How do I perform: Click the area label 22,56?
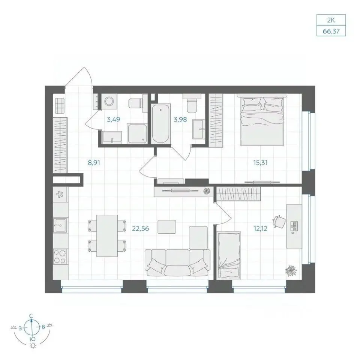pos(141,229)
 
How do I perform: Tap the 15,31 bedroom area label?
pos(260,163)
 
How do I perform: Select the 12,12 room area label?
pos(260,229)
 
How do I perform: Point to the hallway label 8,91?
pos(94,163)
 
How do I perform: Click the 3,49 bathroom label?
pos(113,119)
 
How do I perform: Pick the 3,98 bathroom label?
pos(180,119)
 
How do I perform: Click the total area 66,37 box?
pos(331,31)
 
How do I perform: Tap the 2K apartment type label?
pos(331,20)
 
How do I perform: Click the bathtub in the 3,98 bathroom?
pos(161,124)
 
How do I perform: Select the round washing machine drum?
pos(109,101)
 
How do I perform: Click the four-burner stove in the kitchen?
pos(60,256)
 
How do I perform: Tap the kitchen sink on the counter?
pos(60,225)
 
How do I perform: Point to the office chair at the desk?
pos(279,222)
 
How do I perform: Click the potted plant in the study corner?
pos(291,270)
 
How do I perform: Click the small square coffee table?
pos(167,226)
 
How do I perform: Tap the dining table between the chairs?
pos(107,235)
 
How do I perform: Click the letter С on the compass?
pos(31,316)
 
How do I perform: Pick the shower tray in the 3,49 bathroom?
pos(137,133)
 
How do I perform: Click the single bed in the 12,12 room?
pos(229,255)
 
